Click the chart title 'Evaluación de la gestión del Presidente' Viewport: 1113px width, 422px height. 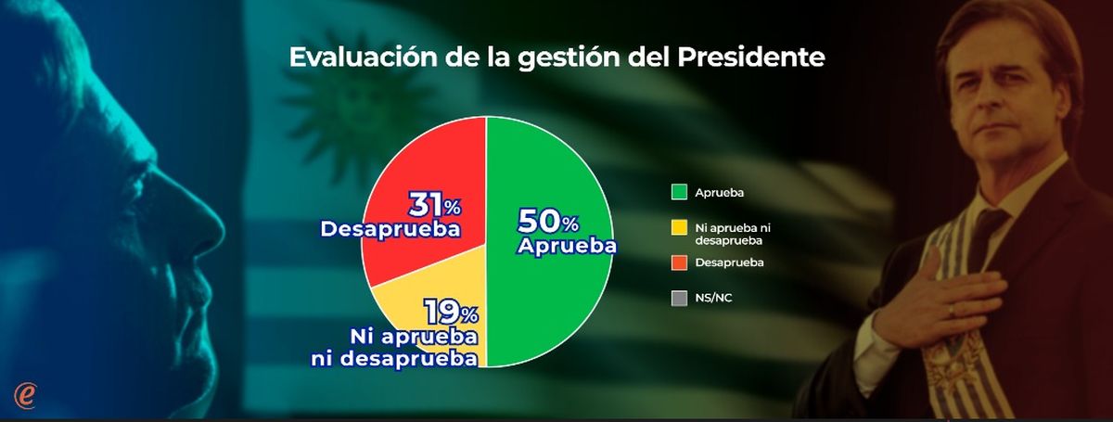click(x=556, y=58)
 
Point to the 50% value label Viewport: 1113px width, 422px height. click(x=547, y=223)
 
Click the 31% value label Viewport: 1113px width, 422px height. click(x=435, y=204)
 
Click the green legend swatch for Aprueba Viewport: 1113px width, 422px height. click(x=678, y=192)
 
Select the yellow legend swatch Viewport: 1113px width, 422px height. click(x=678, y=227)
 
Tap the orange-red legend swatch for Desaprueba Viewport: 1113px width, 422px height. click(x=678, y=263)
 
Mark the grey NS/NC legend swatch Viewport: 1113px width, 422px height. click(x=678, y=299)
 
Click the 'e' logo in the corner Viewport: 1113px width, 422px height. click(x=25, y=393)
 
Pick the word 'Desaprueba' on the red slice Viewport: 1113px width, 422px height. click(x=390, y=227)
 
